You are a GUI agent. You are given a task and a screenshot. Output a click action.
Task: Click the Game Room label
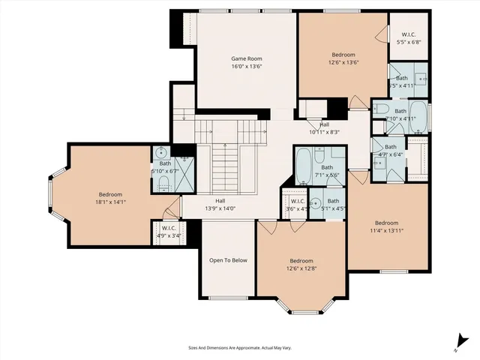246,61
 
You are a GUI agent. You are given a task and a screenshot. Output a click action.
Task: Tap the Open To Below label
228,260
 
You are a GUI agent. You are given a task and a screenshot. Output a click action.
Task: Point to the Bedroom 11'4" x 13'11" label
387,226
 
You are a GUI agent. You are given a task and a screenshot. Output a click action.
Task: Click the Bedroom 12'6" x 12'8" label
301,265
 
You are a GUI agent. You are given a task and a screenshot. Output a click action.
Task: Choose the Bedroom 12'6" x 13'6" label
343,58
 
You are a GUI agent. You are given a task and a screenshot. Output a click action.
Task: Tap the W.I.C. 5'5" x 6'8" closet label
409,38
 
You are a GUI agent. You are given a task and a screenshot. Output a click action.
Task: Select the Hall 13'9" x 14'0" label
220,205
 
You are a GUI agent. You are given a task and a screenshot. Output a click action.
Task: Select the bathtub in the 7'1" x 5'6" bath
304,166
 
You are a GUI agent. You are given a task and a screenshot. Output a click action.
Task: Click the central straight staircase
222,169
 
